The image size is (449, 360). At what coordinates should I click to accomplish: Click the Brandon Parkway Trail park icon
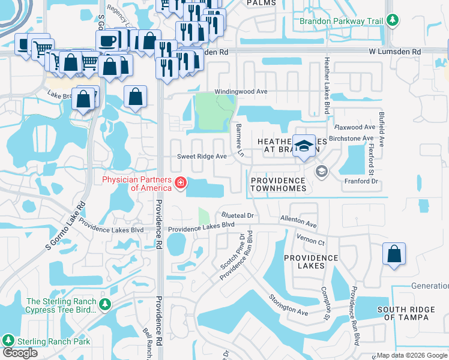393,22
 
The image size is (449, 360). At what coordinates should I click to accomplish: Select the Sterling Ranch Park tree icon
8,341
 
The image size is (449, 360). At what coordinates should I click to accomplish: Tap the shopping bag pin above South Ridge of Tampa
394,253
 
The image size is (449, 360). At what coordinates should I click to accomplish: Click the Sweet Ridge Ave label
201,157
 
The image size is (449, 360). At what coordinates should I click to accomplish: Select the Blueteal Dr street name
238,215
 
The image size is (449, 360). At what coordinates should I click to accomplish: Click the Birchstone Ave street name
352,138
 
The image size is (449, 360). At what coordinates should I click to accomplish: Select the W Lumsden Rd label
395,52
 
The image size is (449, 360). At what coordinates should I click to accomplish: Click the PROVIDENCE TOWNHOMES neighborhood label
279,184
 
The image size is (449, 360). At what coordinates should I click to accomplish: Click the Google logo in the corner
20,353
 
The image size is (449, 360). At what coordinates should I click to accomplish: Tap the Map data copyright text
411,355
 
